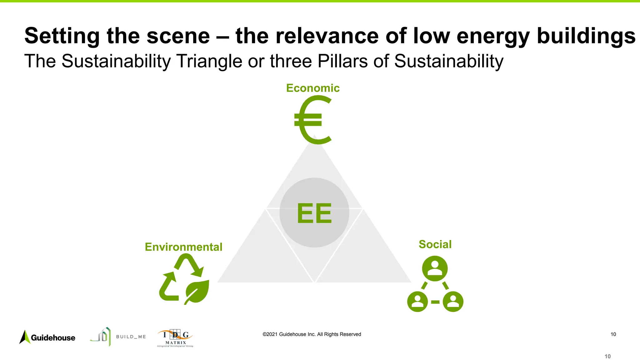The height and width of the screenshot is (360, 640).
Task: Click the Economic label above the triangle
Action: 313,88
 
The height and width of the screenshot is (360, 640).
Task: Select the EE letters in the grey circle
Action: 314,213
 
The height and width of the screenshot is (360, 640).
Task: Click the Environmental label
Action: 183,247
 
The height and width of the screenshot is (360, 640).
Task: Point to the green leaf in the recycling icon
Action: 197,291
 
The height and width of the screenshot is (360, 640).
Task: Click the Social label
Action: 435,244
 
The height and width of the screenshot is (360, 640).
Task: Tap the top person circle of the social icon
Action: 435,268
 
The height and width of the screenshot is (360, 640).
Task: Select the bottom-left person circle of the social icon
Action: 417,302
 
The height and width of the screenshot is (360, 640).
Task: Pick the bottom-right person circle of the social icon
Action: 453,302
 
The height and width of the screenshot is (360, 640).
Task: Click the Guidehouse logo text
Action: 53,338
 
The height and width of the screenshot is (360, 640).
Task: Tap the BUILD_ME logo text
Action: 131,337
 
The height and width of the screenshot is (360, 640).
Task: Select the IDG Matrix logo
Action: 175,338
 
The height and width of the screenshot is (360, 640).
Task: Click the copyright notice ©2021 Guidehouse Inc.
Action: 312,334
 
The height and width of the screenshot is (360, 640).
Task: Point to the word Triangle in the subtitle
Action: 209,61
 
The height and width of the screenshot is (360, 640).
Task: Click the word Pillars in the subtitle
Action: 342,61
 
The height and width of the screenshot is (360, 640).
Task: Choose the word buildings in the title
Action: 586,36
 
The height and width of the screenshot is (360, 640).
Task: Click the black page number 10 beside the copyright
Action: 613,334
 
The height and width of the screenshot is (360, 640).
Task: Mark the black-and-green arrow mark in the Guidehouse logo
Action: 25,337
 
